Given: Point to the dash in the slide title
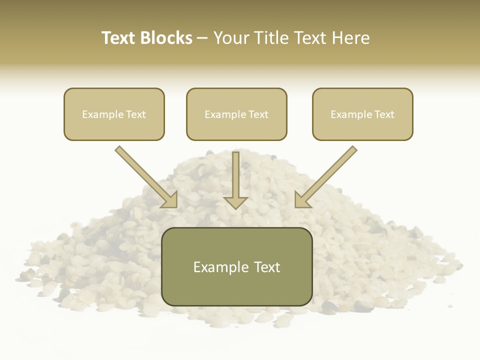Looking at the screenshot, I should click(x=202, y=38).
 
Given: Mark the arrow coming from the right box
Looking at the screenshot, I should click(x=327, y=175).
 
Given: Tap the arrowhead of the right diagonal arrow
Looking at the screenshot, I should click(x=301, y=200).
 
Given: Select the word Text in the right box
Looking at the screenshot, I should click(x=384, y=114).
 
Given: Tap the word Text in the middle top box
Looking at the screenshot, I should click(x=258, y=114).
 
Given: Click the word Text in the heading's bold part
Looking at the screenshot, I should click(x=119, y=38).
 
